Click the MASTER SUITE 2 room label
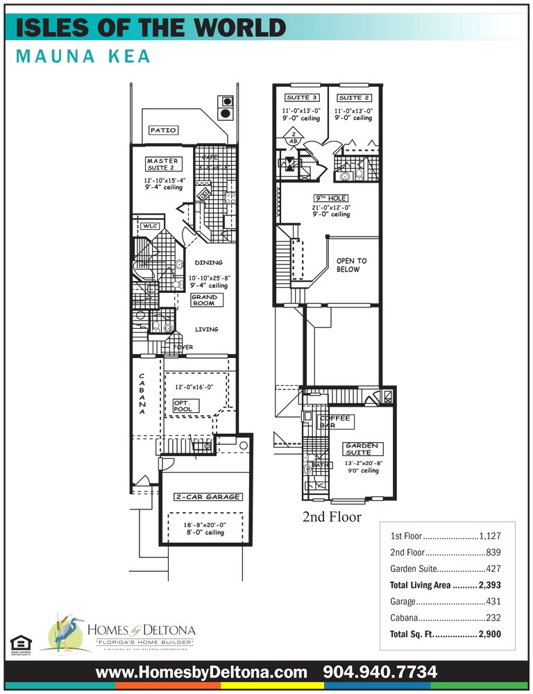(x=162, y=164)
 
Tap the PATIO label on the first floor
(x=164, y=130)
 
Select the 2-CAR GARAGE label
(x=208, y=497)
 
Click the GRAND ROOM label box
(x=205, y=301)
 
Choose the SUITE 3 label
(x=302, y=98)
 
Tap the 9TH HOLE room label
(x=330, y=198)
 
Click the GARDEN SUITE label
(x=362, y=449)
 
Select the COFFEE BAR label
(x=336, y=421)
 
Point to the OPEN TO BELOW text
(x=352, y=265)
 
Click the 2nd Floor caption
(x=332, y=517)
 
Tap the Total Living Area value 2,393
(x=488, y=585)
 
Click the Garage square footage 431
(x=493, y=602)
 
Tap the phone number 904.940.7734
(x=380, y=672)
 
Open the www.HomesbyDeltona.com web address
(x=201, y=672)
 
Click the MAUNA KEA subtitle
(x=83, y=56)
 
